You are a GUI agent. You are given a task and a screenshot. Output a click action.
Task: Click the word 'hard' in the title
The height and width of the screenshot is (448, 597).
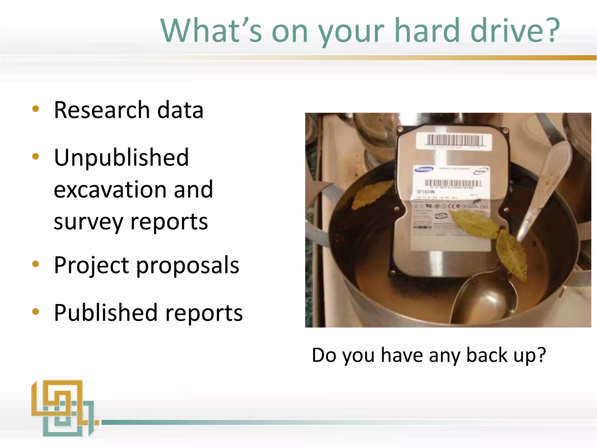[427, 30]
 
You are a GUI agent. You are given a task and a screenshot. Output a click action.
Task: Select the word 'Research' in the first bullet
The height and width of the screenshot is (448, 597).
[102, 110]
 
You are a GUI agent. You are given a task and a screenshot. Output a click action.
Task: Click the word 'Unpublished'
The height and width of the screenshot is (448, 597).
[122, 157]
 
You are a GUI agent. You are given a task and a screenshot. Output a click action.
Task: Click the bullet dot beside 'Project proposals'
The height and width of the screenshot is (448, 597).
[36, 264]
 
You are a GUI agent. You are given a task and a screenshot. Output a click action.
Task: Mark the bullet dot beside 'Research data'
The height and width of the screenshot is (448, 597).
[36, 109]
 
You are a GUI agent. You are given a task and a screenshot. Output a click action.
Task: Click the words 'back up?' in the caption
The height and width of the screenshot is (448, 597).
[506, 355]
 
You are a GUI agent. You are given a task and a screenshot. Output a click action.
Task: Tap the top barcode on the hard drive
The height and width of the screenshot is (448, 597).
[455, 140]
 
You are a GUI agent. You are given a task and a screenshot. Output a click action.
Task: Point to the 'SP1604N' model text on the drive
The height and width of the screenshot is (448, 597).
[426, 192]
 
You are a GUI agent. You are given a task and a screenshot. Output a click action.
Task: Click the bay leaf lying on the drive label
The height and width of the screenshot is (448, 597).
[475, 223]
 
